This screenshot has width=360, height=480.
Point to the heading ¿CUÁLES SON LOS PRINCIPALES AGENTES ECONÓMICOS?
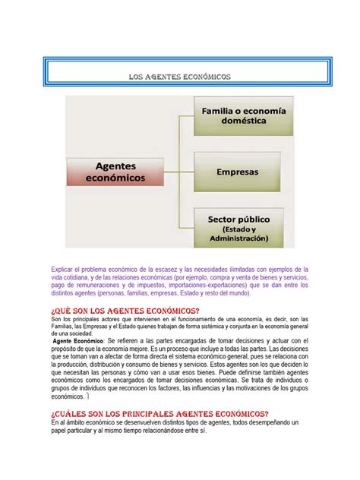click(x=153, y=412)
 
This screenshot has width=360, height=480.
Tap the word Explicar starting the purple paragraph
click(x=66, y=270)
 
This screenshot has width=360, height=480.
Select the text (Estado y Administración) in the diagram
click(x=240, y=233)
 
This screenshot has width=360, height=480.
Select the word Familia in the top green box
click(x=220, y=111)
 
